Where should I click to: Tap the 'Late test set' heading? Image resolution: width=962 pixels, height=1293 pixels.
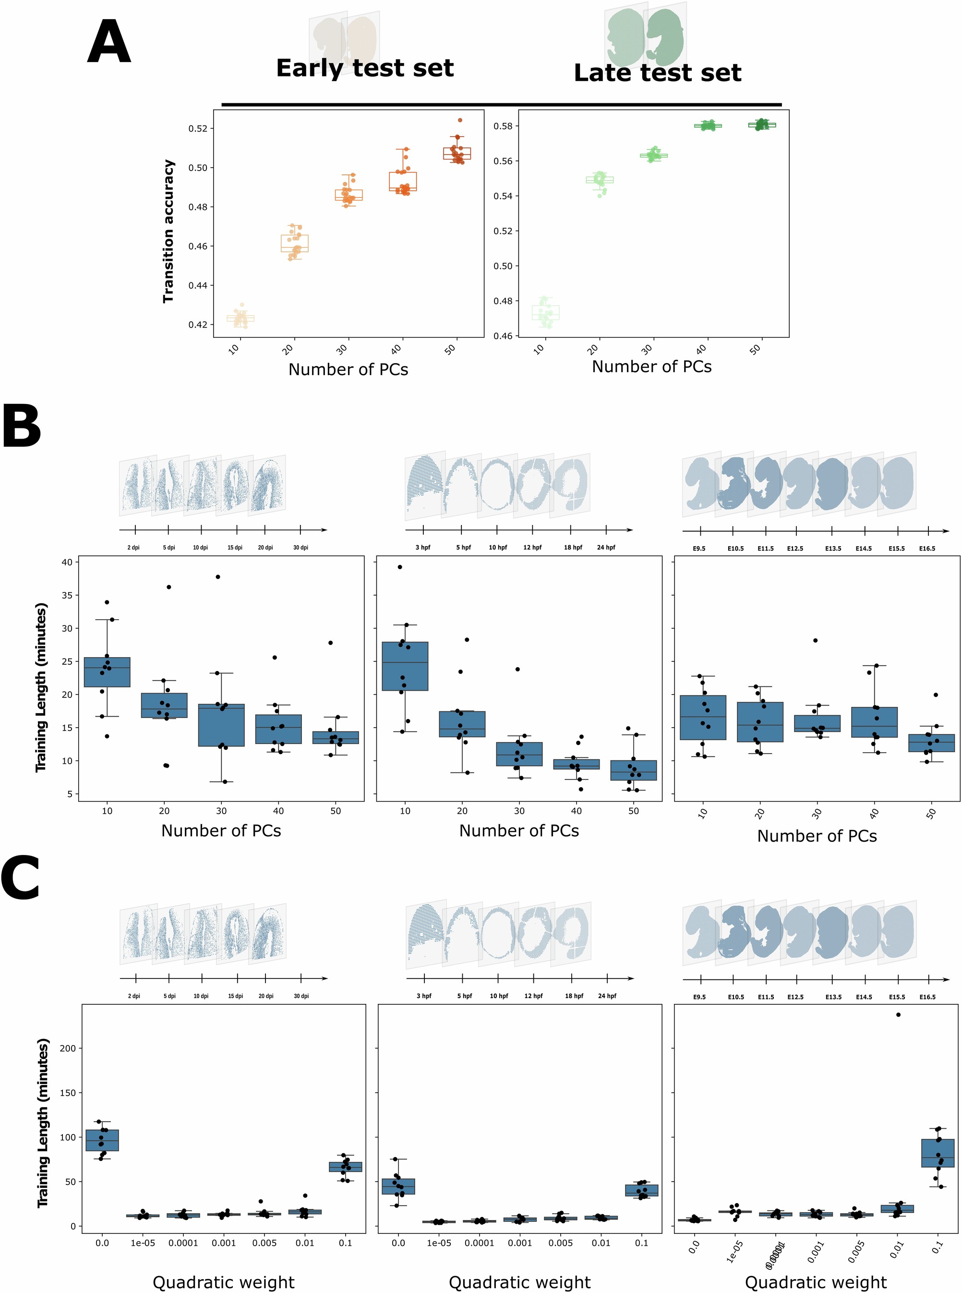(x=658, y=73)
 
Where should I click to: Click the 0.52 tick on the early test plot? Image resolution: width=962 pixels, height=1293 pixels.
(x=198, y=128)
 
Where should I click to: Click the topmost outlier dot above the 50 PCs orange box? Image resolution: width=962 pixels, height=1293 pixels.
(x=460, y=120)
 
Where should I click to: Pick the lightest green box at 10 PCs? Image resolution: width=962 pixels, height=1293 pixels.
(x=546, y=312)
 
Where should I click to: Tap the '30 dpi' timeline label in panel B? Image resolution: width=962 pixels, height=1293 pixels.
(x=301, y=548)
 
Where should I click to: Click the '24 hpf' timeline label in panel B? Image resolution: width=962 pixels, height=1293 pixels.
(x=606, y=548)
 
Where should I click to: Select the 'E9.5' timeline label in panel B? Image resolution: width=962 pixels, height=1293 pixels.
(x=699, y=549)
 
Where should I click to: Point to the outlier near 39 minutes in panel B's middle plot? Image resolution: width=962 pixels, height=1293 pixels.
(x=399, y=567)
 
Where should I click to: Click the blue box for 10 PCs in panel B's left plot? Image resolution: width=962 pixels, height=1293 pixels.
(x=107, y=672)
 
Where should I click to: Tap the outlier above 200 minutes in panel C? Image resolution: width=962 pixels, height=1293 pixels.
(x=898, y=1014)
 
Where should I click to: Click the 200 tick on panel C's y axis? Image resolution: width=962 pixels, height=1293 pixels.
(x=68, y=1048)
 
